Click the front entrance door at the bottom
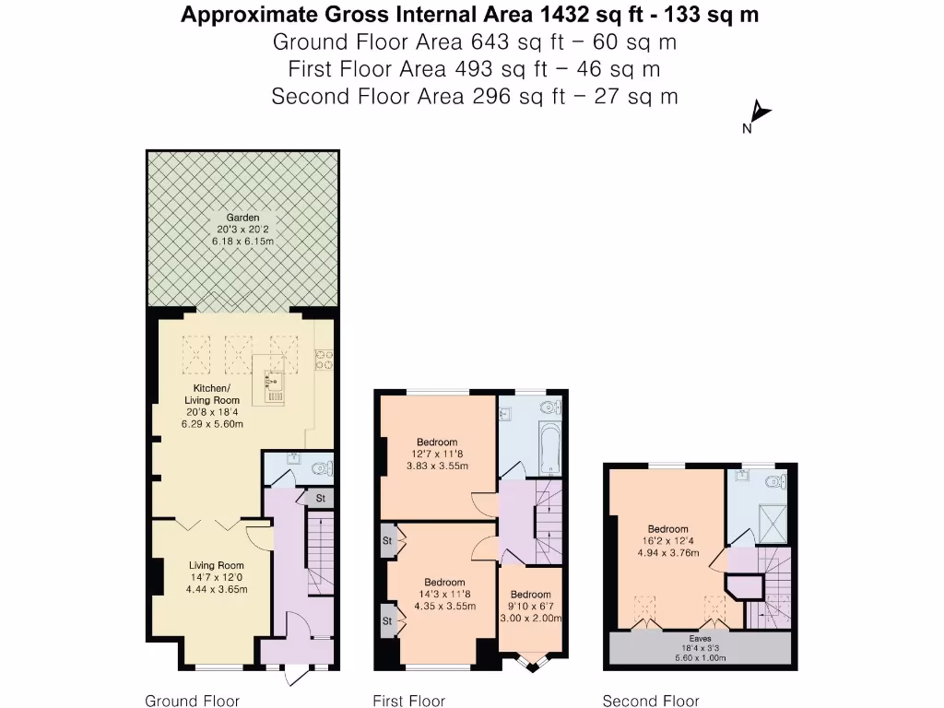tap(296, 676)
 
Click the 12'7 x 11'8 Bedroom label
tap(438, 454)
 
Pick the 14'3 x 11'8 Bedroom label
tap(443, 594)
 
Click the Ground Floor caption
tap(193, 701)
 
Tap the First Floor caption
tap(408, 701)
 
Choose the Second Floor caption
tap(650, 701)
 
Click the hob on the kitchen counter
tap(324, 359)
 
